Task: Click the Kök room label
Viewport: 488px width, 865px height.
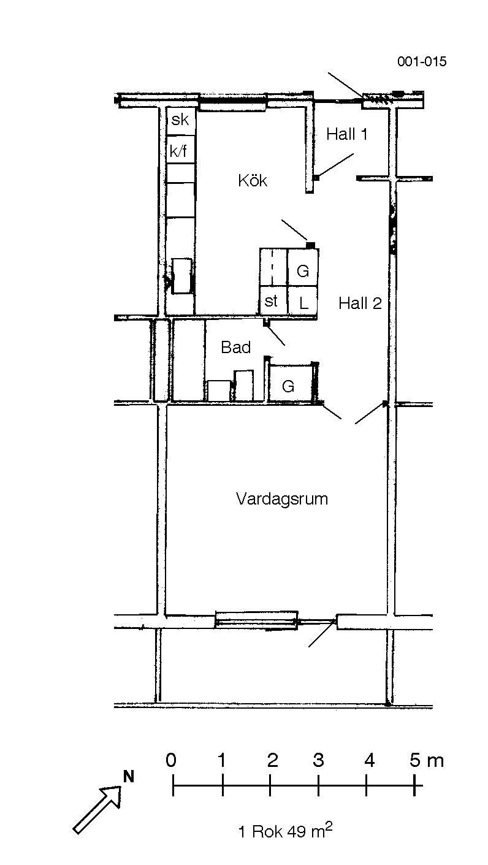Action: pos(253,180)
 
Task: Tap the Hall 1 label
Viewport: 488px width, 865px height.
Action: pos(347,134)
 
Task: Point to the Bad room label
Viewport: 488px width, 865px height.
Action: pos(235,347)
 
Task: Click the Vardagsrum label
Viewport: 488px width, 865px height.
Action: pos(282,498)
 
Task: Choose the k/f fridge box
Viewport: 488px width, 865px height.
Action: pos(181,149)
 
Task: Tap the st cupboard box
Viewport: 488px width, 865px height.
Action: pos(273,300)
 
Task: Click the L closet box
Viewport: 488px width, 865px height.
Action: pos(303,300)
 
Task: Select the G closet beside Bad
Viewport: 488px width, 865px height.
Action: pos(291,383)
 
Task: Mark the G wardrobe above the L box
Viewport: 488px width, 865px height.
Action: pos(303,268)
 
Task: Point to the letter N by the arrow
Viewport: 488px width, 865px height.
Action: pos(128,777)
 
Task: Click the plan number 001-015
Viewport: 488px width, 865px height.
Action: pos(422,61)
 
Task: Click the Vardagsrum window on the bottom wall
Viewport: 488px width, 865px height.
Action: pos(256,620)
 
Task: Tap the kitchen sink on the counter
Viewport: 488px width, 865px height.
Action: pos(181,276)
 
